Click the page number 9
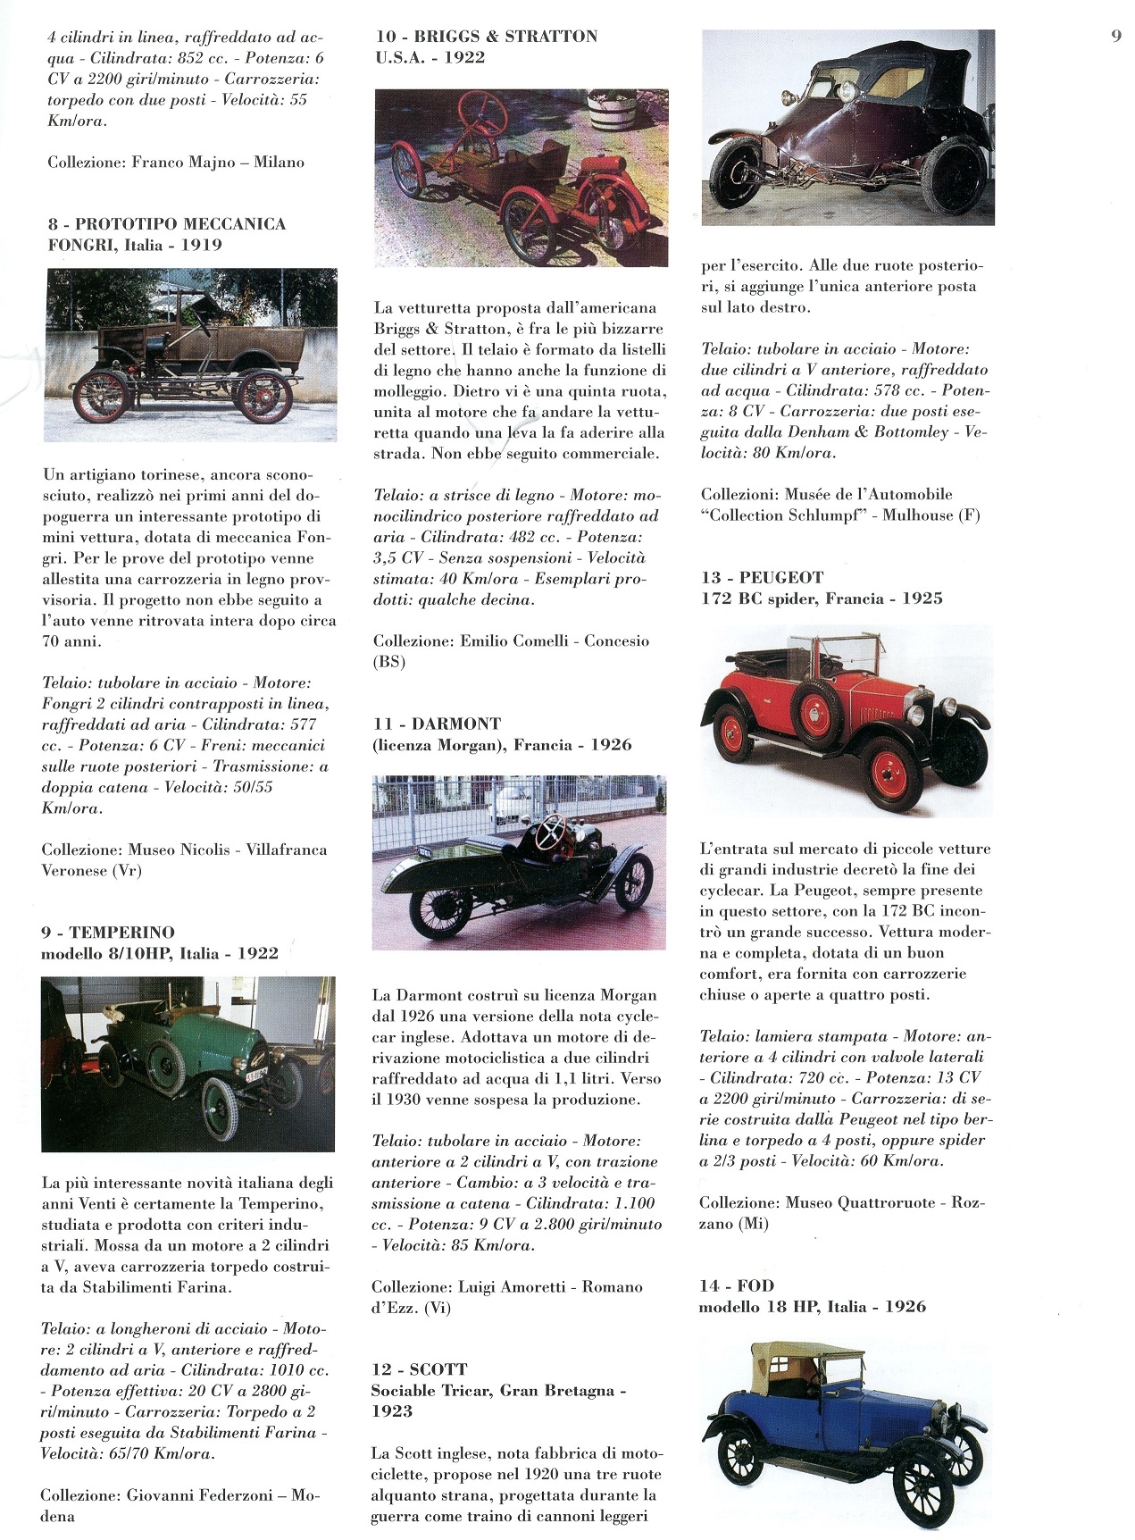click(x=1116, y=37)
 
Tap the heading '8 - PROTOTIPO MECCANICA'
click(x=167, y=224)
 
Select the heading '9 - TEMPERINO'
click(x=108, y=933)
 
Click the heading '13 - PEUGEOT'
click(x=763, y=578)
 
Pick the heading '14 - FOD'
click(x=737, y=1286)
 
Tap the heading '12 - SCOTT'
click(x=420, y=1369)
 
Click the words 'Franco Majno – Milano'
click(x=218, y=163)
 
